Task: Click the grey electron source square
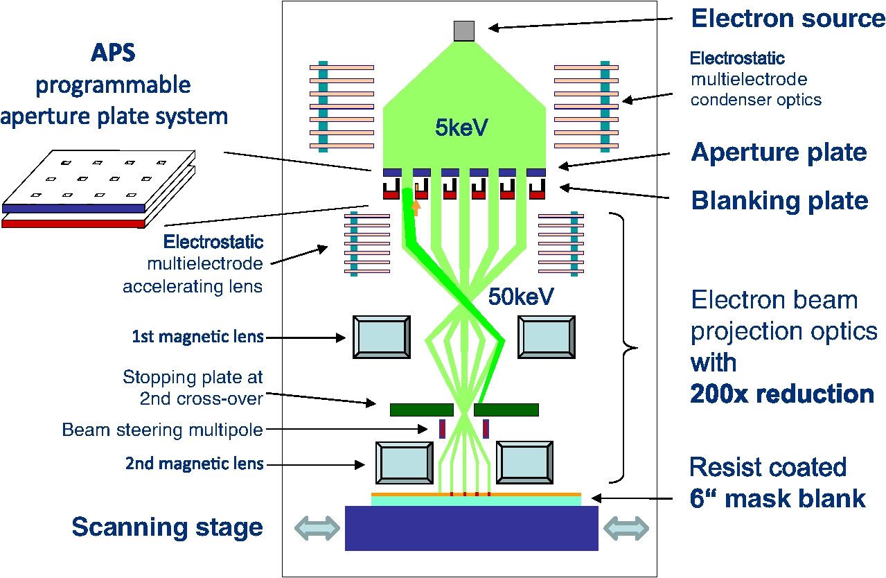tap(463, 31)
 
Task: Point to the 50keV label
tap(521, 297)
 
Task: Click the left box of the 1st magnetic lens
tap(381, 337)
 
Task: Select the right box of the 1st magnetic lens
tap(547, 337)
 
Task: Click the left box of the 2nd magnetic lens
tap(404, 462)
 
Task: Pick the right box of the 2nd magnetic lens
tap(524, 462)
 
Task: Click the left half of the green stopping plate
tap(421, 410)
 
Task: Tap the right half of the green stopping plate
tap(506, 410)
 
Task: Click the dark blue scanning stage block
tap(471, 528)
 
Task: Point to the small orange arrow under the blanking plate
tap(416, 206)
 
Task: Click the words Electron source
tap(788, 19)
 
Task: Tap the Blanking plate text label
tap(779, 200)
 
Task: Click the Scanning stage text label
tap(167, 527)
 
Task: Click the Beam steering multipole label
tap(162, 430)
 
